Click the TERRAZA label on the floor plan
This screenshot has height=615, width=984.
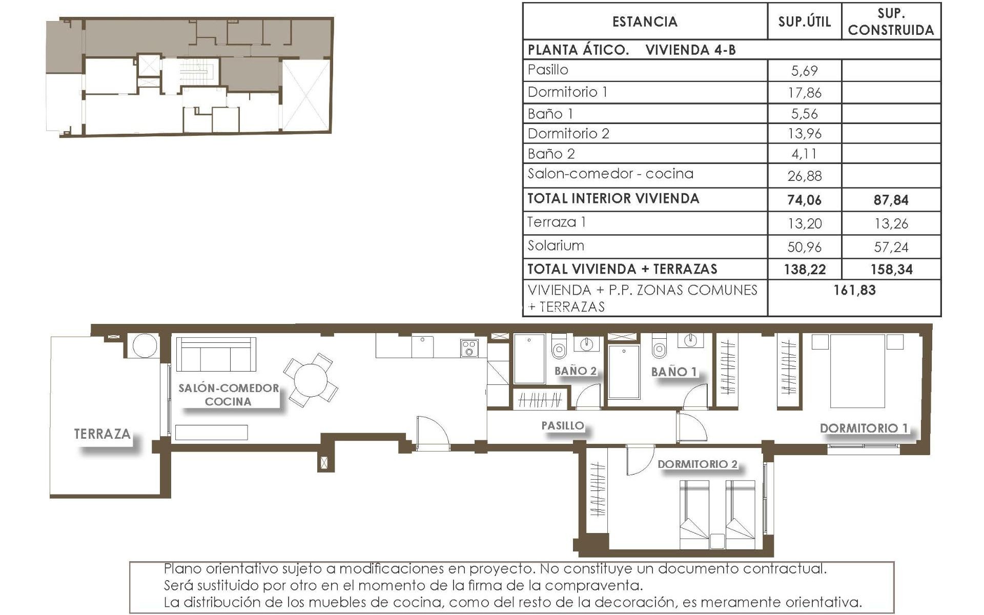[x=102, y=434]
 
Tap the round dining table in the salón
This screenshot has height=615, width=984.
[x=310, y=380]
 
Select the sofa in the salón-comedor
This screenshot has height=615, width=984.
[x=216, y=354]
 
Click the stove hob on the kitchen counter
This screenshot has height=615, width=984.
[x=469, y=348]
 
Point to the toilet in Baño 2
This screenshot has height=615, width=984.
[x=559, y=348]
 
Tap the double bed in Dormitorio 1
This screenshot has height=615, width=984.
[x=857, y=371]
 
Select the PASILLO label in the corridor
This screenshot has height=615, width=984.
[x=563, y=425]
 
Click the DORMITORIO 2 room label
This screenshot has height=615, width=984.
[x=698, y=464]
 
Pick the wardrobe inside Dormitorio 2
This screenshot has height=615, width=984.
[x=597, y=489]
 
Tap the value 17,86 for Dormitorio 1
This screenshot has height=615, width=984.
[x=804, y=93]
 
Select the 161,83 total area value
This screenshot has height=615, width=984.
[x=854, y=290]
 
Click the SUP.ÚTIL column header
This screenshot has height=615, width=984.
[x=804, y=22]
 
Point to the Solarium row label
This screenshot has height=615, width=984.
[x=556, y=246]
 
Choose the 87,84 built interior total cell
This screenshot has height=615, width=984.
[x=891, y=200]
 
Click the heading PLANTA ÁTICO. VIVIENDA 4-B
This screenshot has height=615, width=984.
[x=631, y=50]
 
